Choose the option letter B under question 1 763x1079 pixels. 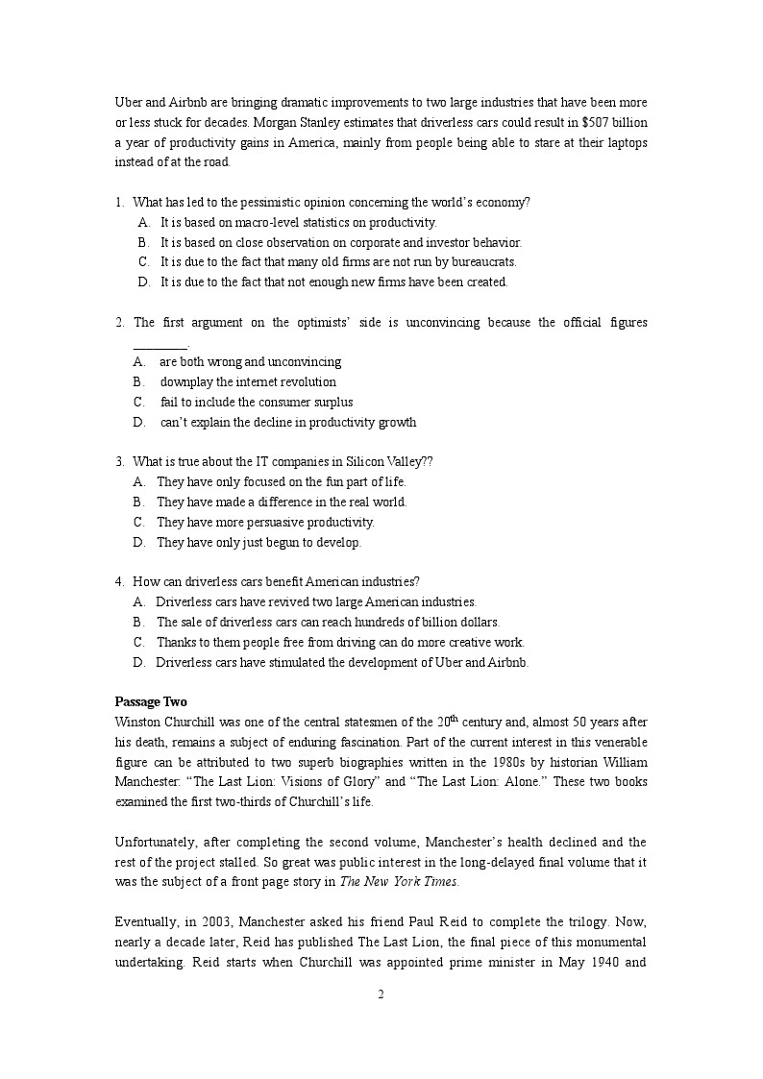[143, 242]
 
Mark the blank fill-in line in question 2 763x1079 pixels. [160, 343]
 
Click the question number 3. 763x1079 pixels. [119, 461]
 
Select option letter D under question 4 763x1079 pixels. [138, 662]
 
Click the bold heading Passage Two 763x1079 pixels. [151, 701]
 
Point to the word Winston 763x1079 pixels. [138, 722]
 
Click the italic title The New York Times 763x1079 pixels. [403, 881]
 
